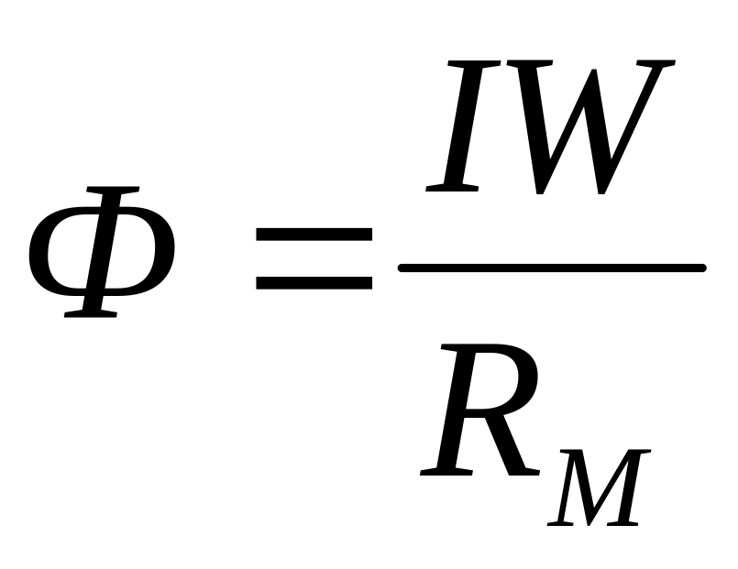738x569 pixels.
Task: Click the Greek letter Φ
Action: [x=102, y=251]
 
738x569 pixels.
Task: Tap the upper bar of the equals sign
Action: [x=314, y=235]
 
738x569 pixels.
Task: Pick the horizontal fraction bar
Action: [x=551, y=268]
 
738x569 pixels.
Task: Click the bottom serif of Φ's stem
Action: [x=90, y=313]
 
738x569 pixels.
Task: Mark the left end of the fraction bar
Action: [x=402, y=268]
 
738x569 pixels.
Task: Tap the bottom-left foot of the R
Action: [x=444, y=472]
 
